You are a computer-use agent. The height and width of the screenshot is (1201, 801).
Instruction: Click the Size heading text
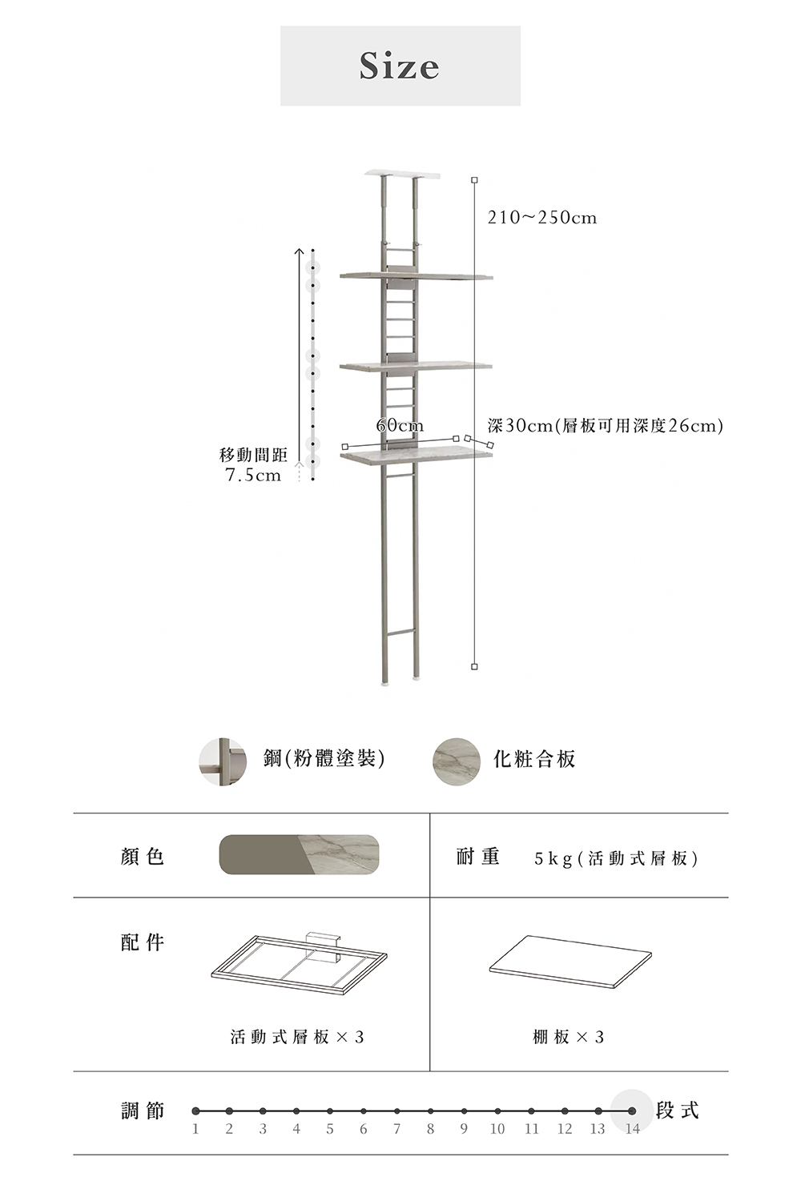point(400,66)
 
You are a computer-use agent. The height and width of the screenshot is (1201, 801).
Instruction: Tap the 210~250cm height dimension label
point(542,218)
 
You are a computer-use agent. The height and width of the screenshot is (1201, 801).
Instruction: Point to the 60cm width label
point(400,425)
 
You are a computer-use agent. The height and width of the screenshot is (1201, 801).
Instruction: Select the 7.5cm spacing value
point(253,476)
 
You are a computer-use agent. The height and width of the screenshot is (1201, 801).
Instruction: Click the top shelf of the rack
point(416,276)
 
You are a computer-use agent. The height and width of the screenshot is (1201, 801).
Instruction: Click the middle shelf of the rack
point(416,366)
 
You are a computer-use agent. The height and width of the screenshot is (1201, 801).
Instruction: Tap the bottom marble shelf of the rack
point(416,456)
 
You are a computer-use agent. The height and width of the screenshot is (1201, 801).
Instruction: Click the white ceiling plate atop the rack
point(403,174)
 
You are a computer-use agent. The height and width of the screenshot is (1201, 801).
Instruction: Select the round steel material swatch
point(223,761)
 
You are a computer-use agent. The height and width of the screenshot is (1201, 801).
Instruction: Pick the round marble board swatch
point(457,761)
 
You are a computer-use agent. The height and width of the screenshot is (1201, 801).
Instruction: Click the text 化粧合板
point(534,759)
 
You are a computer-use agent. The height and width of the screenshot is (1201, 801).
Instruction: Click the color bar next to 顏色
point(299,854)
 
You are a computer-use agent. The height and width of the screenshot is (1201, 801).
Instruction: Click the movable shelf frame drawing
point(299,963)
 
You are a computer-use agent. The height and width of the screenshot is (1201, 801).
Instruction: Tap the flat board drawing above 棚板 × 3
point(570,959)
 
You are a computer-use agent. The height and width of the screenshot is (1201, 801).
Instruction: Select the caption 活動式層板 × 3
point(297,1037)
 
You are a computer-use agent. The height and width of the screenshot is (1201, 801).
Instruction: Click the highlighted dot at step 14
point(632,1111)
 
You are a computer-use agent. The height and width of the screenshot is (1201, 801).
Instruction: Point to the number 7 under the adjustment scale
point(396,1129)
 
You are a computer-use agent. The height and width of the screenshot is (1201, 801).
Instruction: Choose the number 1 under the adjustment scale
point(195,1129)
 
